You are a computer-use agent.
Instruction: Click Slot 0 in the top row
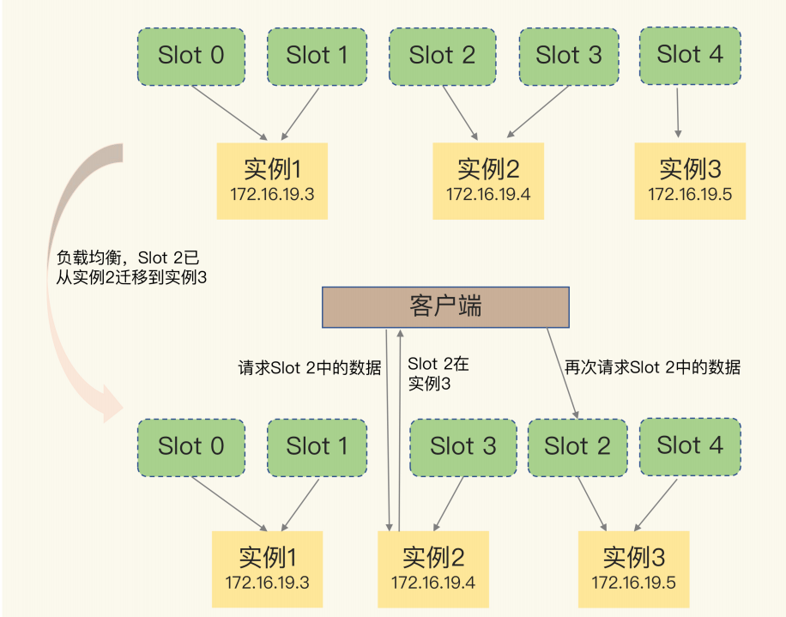190,57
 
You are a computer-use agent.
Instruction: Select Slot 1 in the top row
317,57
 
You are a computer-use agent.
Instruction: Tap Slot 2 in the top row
442,57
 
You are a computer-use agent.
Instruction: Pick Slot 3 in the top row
569,57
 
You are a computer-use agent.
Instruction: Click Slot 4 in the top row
690,55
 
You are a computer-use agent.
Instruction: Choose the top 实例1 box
272,180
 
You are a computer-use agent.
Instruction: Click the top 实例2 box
488,180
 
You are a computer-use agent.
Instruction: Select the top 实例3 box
690,180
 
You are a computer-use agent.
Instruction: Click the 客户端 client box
445,306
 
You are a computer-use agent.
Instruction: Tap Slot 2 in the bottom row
577,447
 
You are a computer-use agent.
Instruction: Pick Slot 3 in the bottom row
463,447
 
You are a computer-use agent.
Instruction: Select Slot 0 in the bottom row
190,447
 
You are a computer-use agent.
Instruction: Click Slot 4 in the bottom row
690,445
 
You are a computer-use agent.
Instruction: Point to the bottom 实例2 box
433,569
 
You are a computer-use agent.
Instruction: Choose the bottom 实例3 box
633,569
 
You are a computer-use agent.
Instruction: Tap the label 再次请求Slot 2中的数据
652,368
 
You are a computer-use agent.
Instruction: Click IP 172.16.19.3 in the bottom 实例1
267,583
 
